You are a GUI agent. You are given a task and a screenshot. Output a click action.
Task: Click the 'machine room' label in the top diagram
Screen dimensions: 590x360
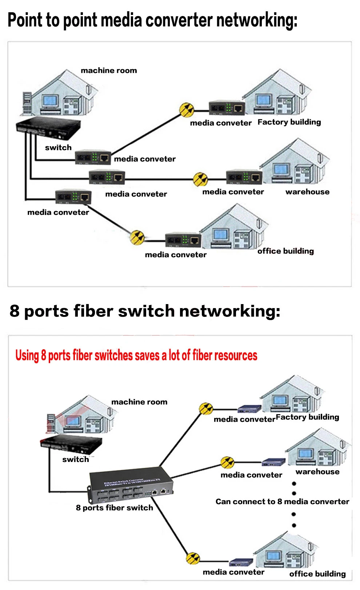[109, 71]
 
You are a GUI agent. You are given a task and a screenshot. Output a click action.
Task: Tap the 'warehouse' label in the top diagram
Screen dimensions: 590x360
[307, 192]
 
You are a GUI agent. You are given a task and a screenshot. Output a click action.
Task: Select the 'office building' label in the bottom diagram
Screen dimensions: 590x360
[317, 574]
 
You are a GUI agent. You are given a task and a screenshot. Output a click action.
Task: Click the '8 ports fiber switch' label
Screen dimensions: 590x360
[114, 508]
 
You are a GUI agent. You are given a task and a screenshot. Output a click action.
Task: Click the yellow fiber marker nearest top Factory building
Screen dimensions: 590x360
[187, 109]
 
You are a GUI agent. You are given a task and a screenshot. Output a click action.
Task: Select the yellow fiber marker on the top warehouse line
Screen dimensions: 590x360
[200, 179]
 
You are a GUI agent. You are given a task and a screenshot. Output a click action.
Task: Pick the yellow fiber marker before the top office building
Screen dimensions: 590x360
[137, 237]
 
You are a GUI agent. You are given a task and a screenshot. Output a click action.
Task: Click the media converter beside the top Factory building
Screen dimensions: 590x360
[227, 108]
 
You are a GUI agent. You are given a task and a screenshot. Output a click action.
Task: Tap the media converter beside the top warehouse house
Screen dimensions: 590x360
[244, 177]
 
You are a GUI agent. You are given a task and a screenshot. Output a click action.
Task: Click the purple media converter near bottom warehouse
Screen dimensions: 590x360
[273, 462]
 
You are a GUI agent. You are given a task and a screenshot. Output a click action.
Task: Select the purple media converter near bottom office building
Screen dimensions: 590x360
[241, 562]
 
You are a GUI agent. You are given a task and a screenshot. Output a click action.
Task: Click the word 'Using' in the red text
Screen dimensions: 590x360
[27, 355]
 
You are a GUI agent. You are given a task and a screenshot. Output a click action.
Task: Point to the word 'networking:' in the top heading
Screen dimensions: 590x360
[257, 20]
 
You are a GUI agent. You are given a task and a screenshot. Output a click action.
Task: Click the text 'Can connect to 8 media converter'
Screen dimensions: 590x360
[282, 502]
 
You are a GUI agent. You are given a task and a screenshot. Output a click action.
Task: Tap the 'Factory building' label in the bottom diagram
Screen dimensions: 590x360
[307, 417]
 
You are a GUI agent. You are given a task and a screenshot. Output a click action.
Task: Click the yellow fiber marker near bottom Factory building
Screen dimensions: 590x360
[206, 408]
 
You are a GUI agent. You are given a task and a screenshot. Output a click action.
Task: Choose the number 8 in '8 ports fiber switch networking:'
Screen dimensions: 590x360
[15, 311]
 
